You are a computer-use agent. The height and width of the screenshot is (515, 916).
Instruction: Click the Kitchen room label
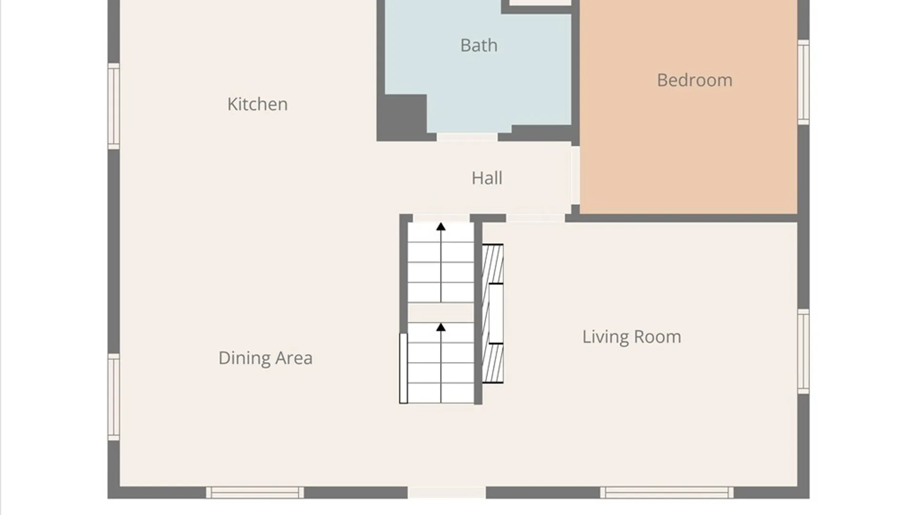(257, 104)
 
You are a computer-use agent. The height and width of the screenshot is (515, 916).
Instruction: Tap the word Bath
(479, 45)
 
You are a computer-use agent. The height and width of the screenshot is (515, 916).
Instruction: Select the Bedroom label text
(695, 80)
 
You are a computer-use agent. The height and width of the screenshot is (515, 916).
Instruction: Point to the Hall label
(487, 178)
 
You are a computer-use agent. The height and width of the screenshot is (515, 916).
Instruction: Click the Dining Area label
(265, 358)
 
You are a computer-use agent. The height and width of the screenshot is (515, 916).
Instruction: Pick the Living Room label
(631, 337)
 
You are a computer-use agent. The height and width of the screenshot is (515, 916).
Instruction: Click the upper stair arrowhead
(441, 227)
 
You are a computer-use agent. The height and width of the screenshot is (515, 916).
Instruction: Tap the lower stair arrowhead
(441, 327)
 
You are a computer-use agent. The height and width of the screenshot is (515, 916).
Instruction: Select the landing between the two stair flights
(441, 312)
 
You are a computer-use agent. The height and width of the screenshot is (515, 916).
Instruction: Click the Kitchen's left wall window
(114, 106)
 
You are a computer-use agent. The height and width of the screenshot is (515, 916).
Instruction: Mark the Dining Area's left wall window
(114, 397)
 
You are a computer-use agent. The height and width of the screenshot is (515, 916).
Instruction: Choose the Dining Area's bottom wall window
(255, 493)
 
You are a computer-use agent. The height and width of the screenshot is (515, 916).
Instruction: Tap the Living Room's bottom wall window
(666, 493)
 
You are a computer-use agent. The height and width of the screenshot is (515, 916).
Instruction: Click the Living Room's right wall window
(803, 351)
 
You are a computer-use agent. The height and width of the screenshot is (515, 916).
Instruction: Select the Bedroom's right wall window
(803, 82)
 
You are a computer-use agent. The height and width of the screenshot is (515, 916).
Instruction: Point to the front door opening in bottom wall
(447, 493)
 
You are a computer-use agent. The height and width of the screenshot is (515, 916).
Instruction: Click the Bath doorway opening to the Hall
(467, 137)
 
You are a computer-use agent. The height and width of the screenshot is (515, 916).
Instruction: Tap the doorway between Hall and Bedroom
(575, 175)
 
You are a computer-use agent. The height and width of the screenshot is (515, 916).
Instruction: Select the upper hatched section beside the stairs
(493, 264)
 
